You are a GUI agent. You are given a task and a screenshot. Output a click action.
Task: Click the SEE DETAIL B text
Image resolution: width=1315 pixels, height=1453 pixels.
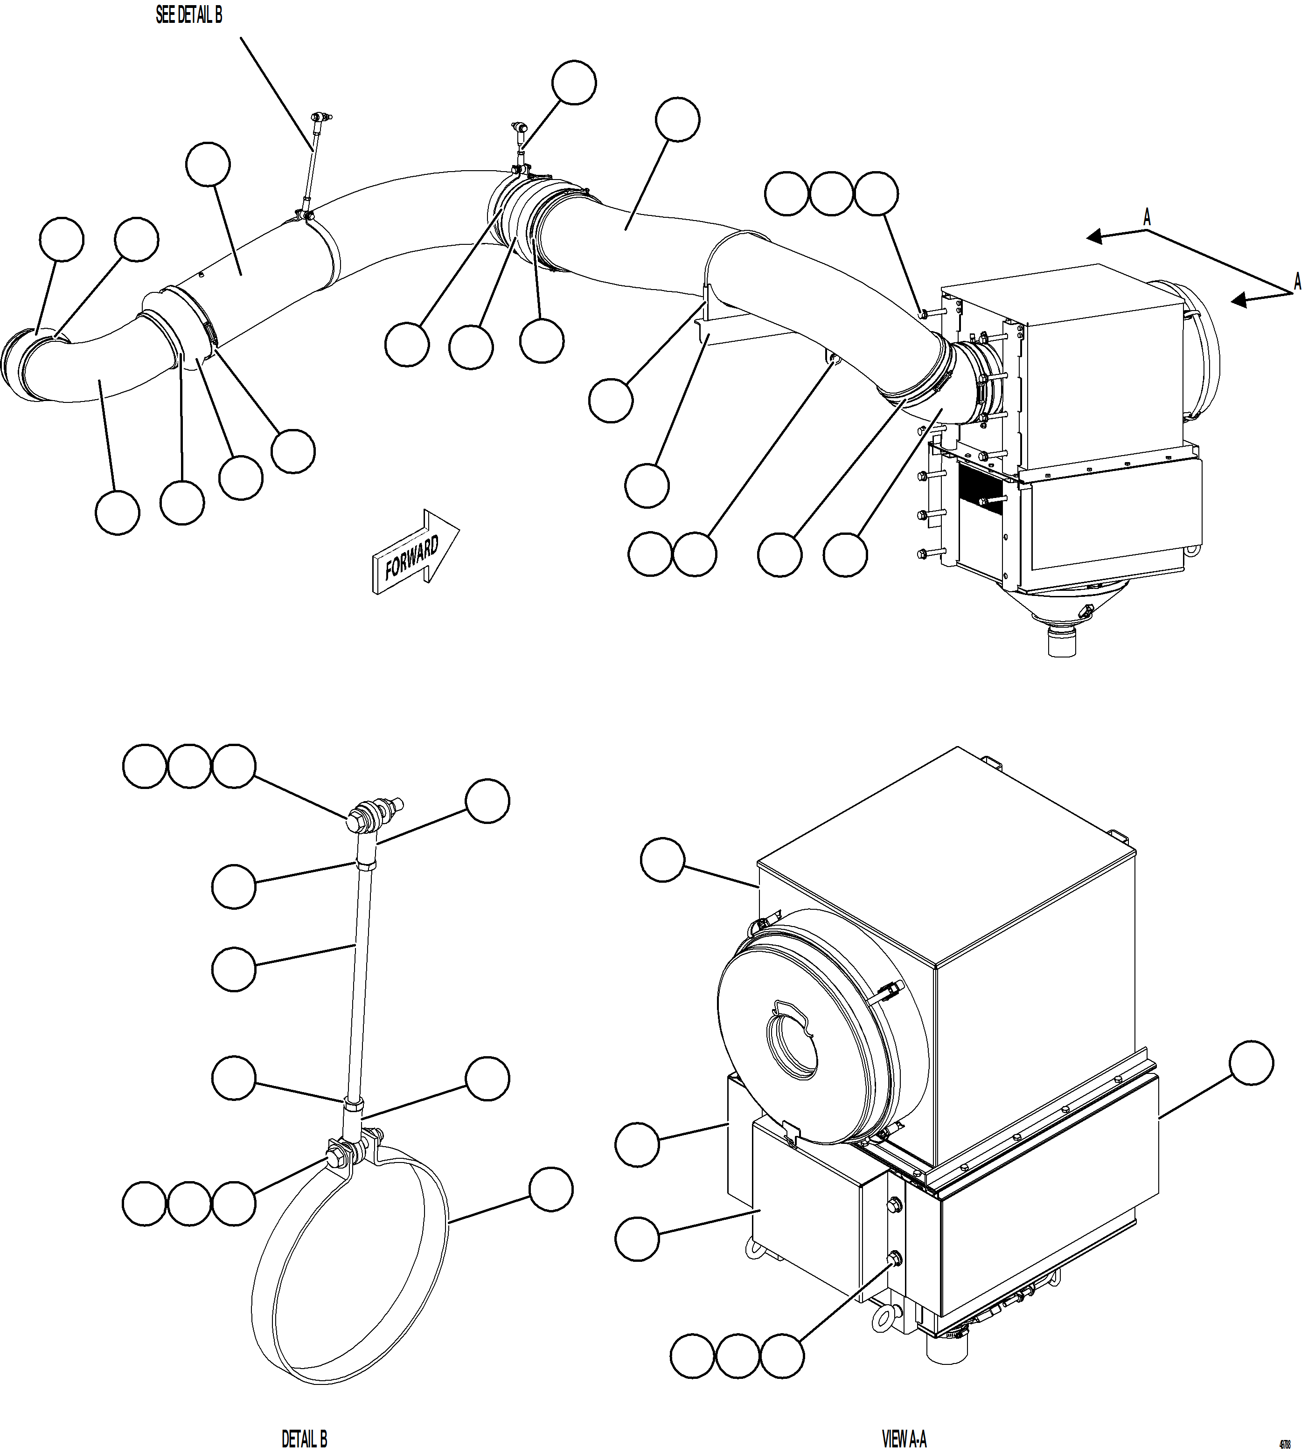tap(189, 16)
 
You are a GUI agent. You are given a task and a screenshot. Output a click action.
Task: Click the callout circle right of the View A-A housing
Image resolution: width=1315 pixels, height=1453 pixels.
tap(1251, 1062)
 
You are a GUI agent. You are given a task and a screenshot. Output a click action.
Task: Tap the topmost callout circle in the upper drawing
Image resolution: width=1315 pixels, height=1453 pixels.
tap(574, 83)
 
